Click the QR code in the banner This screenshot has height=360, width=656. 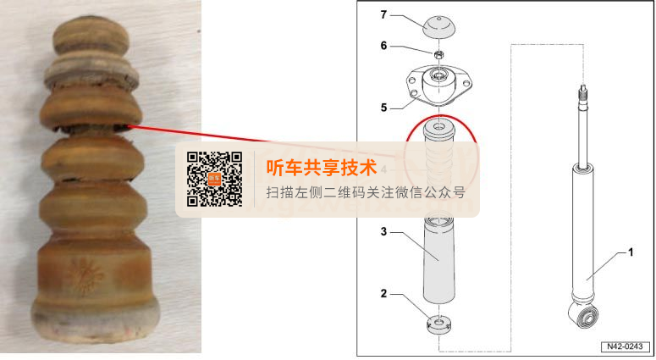pyautogui.click(x=215, y=179)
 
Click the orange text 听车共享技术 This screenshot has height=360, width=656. pyautogui.click(x=322, y=168)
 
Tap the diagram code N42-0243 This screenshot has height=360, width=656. pyautogui.click(x=625, y=346)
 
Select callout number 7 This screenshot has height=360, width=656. pyautogui.click(x=383, y=14)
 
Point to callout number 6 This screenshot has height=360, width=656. pyautogui.click(x=383, y=45)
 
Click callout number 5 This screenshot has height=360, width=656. pyautogui.click(x=383, y=108)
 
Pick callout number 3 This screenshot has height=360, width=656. pyautogui.click(x=383, y=231)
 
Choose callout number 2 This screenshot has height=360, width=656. pyautogui.click(x=383, y=293)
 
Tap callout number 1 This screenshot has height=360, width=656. pyautogui.click(x=631, y=252)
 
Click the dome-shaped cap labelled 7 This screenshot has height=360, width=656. pyautogui.click(x=438, y=28)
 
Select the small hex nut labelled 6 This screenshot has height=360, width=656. pyautogui.click(x=438, y=54)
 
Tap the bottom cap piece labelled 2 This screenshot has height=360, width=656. pyautogui.click(x=438, y=324)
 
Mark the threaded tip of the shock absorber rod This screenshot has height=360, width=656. pyautogui.click(x=583, y=94)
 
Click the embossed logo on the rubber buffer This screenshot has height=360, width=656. pyautogui.click(x=86, y=275)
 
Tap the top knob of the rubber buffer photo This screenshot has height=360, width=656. pyautogui.click(x=91, y=36)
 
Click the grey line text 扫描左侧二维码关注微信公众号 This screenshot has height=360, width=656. pyautogui.click(x=366, y=192)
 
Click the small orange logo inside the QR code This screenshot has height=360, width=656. pyautogui.click(x=214, y=179)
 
